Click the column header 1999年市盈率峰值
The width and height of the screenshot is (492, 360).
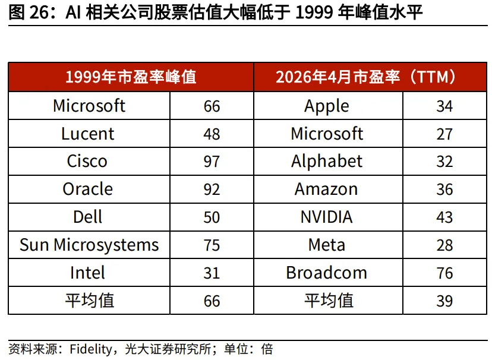pos(131,77)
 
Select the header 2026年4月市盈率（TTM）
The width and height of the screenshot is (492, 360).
pos(366,77)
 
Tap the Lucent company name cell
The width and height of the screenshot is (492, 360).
pos(87,134)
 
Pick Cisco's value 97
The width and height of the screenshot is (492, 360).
pos(212,162)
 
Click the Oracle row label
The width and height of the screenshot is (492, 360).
pos(87,189)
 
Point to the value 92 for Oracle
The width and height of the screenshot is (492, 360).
pos(212,190)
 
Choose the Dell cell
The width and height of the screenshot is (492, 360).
pos(87,217)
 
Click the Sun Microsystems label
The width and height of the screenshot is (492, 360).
pos(89,245)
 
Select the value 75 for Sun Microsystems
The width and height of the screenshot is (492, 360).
pos(212,245)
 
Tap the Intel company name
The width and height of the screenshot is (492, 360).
pos(87,273)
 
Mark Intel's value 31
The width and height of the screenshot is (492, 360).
pos(212,273)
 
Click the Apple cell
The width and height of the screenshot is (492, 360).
pos(327,106)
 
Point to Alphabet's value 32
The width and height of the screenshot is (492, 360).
pos(444,162)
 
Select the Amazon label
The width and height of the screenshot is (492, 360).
pos(326,190)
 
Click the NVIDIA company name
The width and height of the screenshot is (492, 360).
pos(326,217)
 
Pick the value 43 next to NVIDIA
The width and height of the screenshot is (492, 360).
pos(444,217)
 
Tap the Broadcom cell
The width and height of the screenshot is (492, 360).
pos(326,273)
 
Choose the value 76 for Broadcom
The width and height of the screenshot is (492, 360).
pos(444,273)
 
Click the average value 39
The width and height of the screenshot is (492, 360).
pos(444,301)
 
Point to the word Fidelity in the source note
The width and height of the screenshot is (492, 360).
pos(91,349)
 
